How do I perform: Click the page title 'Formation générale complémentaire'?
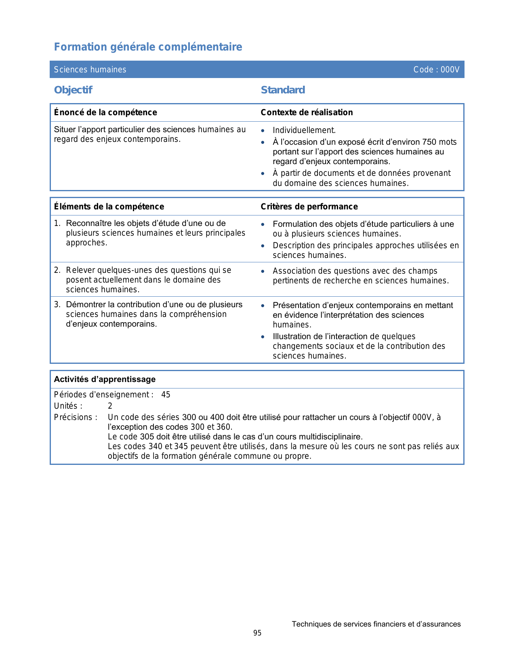click(148, 47)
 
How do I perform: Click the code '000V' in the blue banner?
click(450, 70)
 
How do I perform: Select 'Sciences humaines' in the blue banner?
click(90, 70)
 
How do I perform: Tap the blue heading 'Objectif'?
click(73, 90)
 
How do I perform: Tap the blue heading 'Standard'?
click(283, 90)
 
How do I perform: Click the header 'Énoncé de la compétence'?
click(105, 112)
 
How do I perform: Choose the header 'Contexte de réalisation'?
click(307, 112)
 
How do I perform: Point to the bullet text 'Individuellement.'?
click(304, 130)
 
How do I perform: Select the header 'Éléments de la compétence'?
click(109, 207)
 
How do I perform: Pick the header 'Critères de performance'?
click(309, 207)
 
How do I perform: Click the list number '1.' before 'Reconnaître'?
click(57, 223)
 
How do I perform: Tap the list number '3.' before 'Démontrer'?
click(57, 304)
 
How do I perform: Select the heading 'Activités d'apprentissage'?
click(105, 379)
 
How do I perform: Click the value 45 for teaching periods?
click(166, 395)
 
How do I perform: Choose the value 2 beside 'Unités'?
click(110, 406)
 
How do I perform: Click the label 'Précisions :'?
click(76, 417)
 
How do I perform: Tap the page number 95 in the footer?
click(257, 633)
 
